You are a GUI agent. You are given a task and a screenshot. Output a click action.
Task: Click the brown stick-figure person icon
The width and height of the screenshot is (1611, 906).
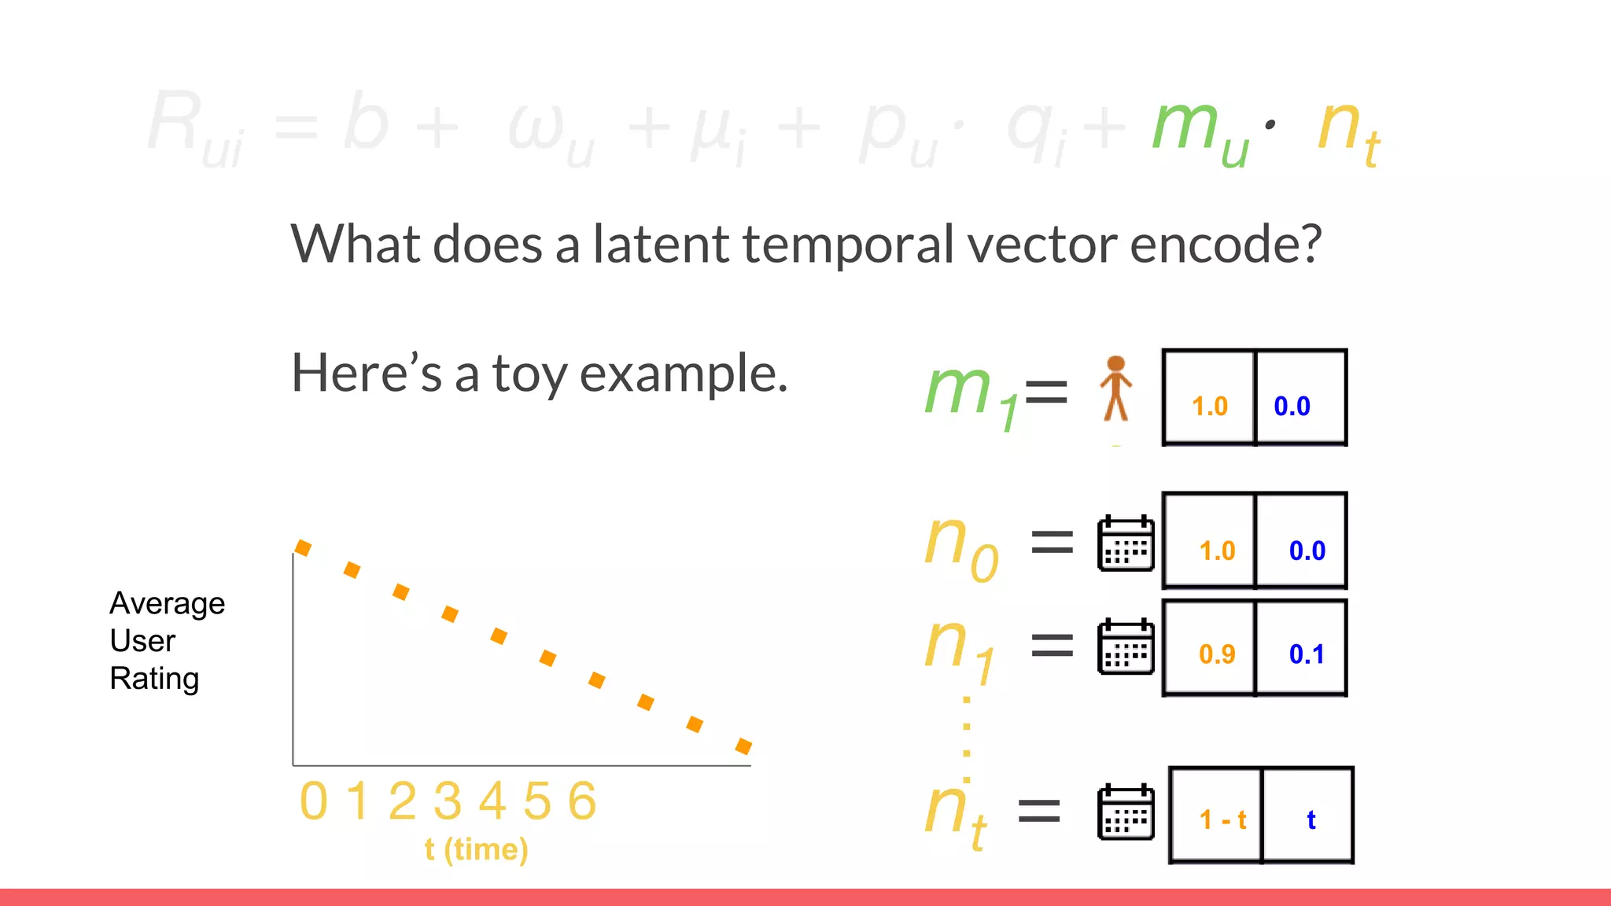(1115, 389)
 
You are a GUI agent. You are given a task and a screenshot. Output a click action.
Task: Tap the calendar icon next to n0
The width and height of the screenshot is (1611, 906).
(1126, 543)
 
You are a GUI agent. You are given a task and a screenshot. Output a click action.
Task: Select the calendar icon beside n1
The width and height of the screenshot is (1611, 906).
(1126, 646)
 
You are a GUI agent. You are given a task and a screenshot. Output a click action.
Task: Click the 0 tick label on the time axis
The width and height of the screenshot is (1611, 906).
(313, 801)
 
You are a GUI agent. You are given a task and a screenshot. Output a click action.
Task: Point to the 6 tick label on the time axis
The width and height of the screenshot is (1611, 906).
(583, 801)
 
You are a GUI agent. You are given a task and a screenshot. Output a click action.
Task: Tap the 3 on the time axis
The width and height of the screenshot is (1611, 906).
(448, 801)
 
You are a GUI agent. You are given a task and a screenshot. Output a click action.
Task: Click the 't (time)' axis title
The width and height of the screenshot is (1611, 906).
(476, 849)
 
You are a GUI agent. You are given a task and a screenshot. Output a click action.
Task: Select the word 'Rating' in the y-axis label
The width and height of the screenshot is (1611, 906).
(154, 679)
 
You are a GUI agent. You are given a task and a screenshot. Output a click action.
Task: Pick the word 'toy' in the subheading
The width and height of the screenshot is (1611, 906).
(529, 374)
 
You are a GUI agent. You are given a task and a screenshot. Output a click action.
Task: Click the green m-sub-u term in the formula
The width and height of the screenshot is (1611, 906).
(1200, 130)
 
